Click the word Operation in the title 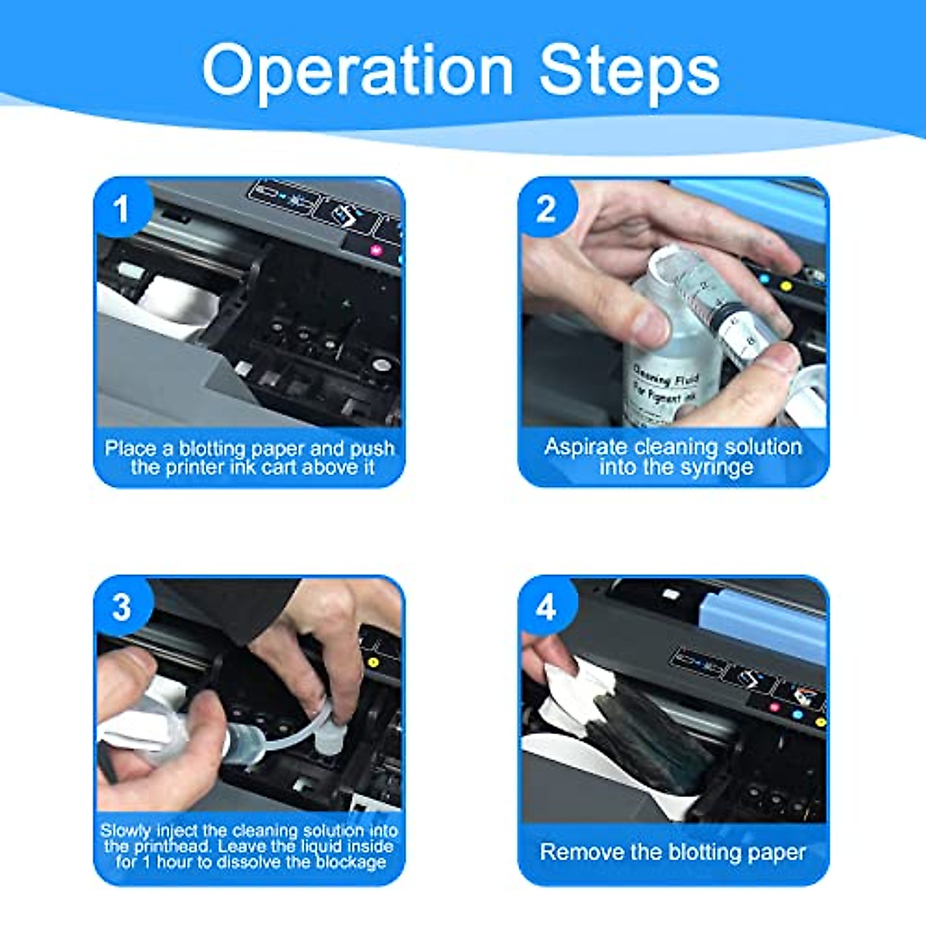[357, 71]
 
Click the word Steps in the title [629, 71]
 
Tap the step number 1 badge [121, 209]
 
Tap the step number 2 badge [546, 209]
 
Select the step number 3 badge [121, 607]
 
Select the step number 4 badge [546, 607]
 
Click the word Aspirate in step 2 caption [586, 447]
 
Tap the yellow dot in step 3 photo [373, 662]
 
